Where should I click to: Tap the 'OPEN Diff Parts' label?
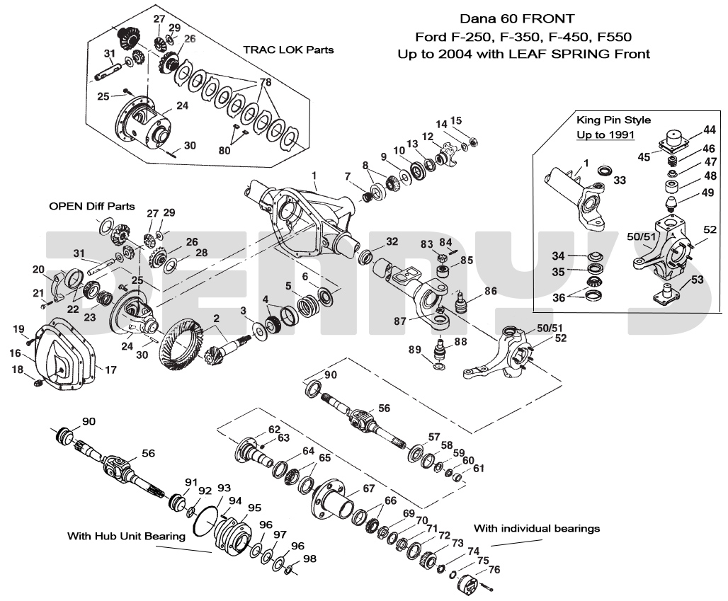(x=91, y=206)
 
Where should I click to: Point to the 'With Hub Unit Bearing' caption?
(x=126, y=536)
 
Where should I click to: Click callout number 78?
(x=265, y=82)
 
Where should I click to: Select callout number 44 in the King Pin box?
(x=709, y=130)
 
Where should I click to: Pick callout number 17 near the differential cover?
(x=111, y=370)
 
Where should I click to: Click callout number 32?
(x=392, y=241)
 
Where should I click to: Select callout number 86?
(x=490, y=291)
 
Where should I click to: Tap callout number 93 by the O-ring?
(x=224, y=488)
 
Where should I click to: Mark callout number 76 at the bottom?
(x=494, y=569)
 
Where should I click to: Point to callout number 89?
(x=415, y=349)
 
